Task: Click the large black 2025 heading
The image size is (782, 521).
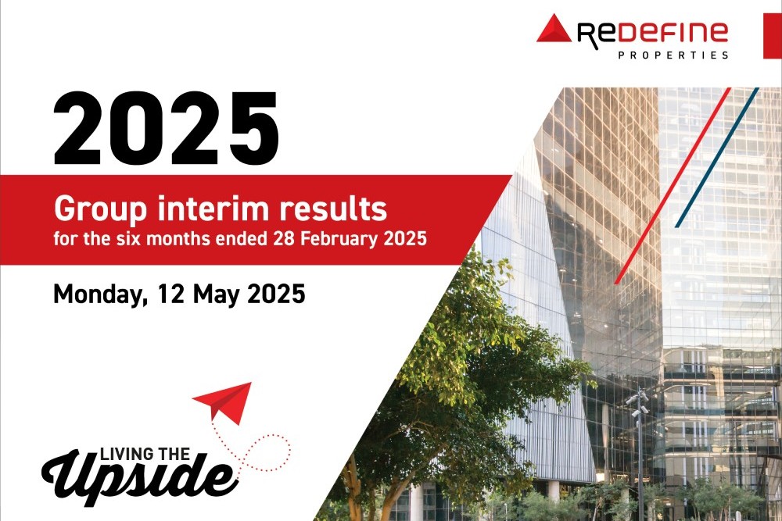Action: click(x=166, y=129)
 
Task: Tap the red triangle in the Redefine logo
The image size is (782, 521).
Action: click(x=554, y=29)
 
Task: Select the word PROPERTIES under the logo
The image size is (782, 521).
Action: click(x=673, y=55)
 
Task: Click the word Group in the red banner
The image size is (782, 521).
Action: click(x=100, y=209)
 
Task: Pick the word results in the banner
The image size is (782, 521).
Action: click(x=332, y=209)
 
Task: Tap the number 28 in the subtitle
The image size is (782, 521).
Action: click(x=283, y=238)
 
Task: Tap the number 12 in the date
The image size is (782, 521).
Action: click(x=170, y=294)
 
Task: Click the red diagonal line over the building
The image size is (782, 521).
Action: click(x=673, y=186)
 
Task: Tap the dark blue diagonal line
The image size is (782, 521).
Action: click(x=717, y=158)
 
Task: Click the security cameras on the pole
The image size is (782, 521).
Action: click(x=637, y=405)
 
